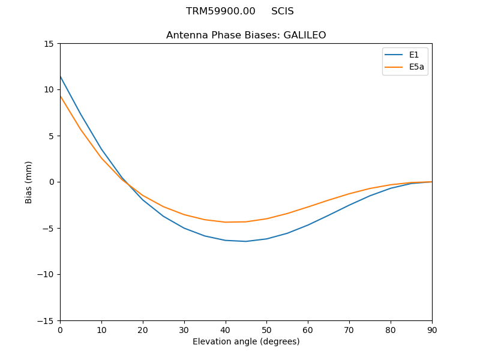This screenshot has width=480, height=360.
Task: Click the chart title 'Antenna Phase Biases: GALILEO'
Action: [x=246, y=35]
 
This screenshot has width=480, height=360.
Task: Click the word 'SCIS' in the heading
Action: [x=283, y=11]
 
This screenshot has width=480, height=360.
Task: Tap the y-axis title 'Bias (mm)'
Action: [x=29, y=182]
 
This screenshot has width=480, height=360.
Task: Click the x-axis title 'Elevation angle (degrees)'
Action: [x=246, y=342]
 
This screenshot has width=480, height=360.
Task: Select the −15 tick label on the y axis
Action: [x=44, y=320]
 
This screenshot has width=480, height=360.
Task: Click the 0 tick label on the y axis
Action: [x=52, y=182]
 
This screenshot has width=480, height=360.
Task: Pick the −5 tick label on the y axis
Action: [x=47, y=228]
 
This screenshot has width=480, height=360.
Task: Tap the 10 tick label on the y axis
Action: [x=49, y=89]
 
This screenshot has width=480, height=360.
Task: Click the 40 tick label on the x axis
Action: [x=226, y=330]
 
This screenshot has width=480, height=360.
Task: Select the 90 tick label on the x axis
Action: [x=432, y=330]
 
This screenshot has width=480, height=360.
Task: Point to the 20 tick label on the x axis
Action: [x=143, y=330]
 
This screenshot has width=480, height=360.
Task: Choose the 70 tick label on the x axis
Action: [x=349, y=330]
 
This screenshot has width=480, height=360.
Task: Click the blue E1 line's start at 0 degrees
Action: [x=60, y=76]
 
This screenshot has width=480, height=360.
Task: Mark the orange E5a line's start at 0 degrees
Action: [x=60, y=96]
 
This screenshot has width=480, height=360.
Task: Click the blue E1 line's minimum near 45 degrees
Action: [x=246, y=241]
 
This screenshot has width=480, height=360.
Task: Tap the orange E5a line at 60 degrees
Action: [x=308, y=207]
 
